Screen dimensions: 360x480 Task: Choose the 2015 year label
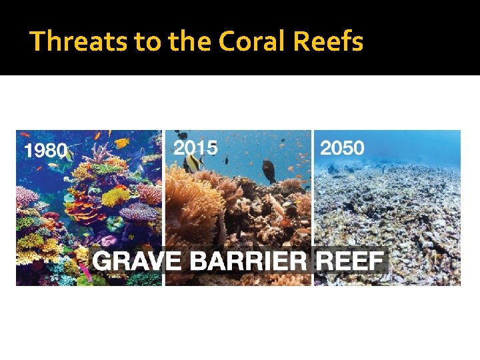(195, 148)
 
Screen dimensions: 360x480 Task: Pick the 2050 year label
(343, 148)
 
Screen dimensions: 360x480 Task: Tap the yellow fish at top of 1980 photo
(121, 142)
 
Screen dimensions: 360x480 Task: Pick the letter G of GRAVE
(102, 260)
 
